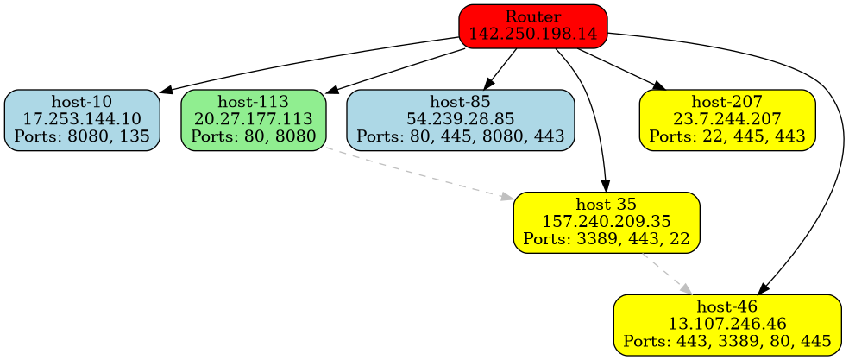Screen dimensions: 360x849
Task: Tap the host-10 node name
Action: pos(82,104)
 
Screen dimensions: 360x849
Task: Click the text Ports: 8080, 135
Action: pos(82,136)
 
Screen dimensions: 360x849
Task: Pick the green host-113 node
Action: pos(254,119)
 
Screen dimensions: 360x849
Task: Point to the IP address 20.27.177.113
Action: pos(254,119)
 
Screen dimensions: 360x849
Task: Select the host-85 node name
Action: pos(461,104)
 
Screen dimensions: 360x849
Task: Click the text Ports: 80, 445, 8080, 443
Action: pos(461,136)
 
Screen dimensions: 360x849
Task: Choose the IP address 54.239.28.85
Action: pos(461,119)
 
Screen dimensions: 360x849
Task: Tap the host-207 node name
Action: pos(726,104)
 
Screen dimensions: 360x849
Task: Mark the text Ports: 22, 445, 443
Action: pos(726,136)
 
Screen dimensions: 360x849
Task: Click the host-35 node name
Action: pos(606,205)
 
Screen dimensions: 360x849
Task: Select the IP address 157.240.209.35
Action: pos(606,222)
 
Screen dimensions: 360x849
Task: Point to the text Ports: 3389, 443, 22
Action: pos(606,238)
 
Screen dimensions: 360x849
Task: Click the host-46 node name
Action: pos(727,308)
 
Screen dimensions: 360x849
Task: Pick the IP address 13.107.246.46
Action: pos(727,325)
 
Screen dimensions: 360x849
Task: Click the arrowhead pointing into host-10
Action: pos(165,90)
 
